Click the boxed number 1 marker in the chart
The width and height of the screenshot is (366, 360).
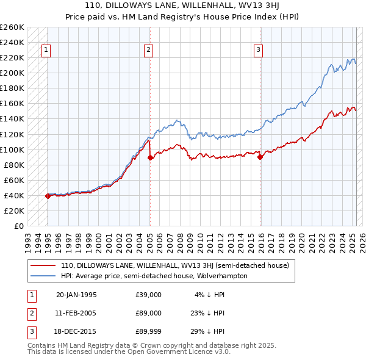[47, 51]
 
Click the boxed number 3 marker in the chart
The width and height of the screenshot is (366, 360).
[259, 51]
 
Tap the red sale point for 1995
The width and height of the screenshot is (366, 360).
[48, 196]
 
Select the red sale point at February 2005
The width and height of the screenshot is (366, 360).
[150, 157]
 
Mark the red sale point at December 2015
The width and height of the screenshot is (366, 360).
[260, 157]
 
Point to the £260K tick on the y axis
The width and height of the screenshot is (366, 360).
[12, 27]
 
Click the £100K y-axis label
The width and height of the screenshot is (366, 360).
[12, 149]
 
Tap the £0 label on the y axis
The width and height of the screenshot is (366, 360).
[18, 226]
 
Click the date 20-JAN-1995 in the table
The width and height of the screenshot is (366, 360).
[76, 294]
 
